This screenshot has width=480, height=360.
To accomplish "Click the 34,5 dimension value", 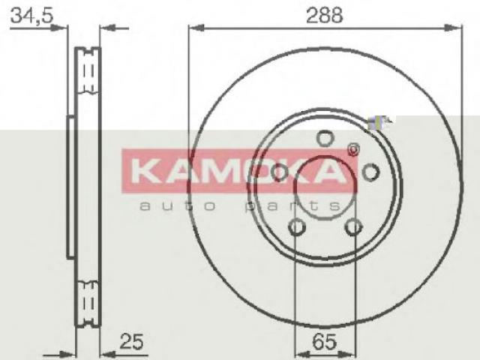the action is click(x=31, y=16).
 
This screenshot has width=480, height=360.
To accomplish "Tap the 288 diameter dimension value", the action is click(x=325, y=15).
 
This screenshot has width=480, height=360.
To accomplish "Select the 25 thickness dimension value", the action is click(x=131, y=341).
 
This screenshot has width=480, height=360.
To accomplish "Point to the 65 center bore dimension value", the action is click(x=325, y=342).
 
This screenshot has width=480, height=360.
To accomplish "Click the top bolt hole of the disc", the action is click(x=325, y=138).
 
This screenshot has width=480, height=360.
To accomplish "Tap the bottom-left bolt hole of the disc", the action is click(x=297, y=226).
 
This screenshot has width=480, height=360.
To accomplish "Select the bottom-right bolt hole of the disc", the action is click(x=353, y=226).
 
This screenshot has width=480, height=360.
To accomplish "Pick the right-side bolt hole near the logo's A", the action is click(x=370, y=172).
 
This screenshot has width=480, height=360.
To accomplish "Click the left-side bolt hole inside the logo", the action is click(x=280, y=172).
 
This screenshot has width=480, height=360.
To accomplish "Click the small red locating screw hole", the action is click(x=353, y=149).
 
